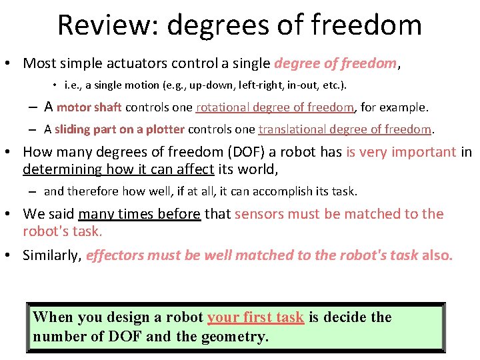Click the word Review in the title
107,25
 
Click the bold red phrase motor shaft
89,107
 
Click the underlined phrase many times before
139,214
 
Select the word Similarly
51,255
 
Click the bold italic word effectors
115,255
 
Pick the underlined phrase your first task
256,317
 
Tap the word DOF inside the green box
124,337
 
